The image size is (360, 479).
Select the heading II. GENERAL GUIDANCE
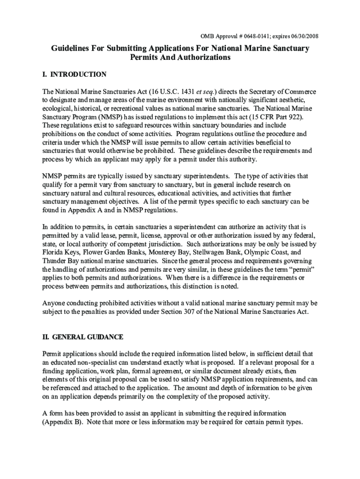point(82,337)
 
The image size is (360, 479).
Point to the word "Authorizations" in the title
point(203,58)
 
